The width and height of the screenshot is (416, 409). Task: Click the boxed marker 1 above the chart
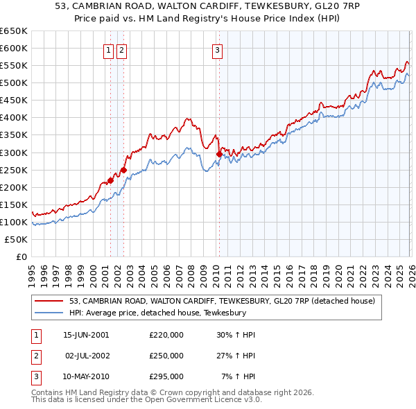[x=110, y=49]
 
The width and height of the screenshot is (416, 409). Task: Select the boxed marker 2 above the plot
[x=122, y=49]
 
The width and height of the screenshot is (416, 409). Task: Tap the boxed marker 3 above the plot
[x=217, y=49]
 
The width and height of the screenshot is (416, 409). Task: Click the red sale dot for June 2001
[x=110, y=180]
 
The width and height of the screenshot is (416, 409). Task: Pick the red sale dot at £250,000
[x=123, y=169]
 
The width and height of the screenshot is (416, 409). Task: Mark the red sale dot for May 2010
[x=219, y=154]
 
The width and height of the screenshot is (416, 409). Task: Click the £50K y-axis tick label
[x=17, y=239]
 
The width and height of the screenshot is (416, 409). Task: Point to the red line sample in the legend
[x=49, y=301]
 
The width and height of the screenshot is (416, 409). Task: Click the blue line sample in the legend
[x=49, y=313]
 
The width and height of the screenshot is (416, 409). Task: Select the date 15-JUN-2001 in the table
[x=86, y=335]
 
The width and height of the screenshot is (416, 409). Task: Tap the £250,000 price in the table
[x=166, y=356]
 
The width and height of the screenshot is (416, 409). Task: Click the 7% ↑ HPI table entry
[x=238, y=376]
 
